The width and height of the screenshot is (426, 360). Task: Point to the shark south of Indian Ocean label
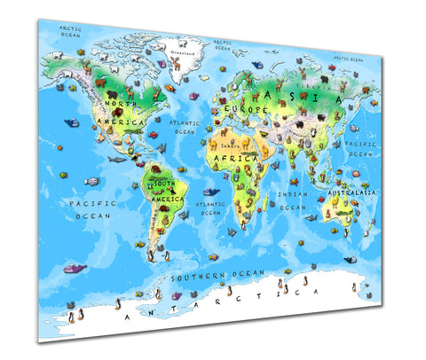click(x=311, y=217)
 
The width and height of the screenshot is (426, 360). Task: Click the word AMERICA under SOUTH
click(x=167, y=200)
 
